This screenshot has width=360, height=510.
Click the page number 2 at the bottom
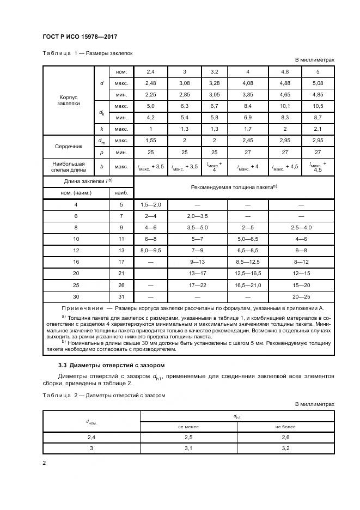tap(44, 463)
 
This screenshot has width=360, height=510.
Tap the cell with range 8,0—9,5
tap(150, 250)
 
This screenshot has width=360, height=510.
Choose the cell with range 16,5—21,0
tap(248, 284)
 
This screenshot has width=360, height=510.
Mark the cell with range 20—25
tap(301, 296)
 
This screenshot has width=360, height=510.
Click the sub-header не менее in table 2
tap(188, 427)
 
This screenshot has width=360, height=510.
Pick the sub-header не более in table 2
tap(285, 427)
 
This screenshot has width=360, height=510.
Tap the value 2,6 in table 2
tap(285, 438)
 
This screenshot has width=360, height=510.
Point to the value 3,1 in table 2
tap(188, 448)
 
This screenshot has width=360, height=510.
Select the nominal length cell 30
tap(76, 296)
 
